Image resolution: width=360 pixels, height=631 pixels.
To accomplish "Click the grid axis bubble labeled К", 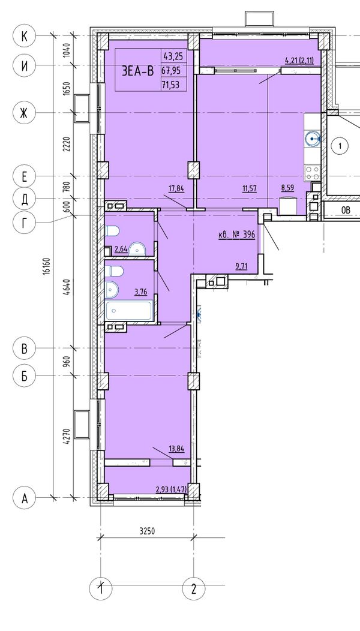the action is (x=24, y=36).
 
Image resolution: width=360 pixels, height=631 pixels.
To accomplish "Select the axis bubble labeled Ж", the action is (x=24, y=113).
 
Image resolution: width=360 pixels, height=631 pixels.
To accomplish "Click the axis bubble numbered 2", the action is (x=194, y=589).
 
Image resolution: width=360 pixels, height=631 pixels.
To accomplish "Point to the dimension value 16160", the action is (x=48, y=266).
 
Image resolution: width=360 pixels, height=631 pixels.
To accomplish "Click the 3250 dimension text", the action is (x=147, y=531).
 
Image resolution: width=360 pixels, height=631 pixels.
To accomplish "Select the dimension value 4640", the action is (x=67, y=287).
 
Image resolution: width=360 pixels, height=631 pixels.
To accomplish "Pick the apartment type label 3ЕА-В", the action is (x=138, y=71).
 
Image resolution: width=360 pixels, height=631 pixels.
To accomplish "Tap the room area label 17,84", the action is (x=176, y=188).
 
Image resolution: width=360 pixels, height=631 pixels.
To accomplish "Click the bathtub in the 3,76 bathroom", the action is (x=128, y=311).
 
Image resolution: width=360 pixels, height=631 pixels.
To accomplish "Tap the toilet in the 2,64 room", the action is (x=112, y=231).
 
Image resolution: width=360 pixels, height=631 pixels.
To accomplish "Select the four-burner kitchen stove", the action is (x=312, y=173).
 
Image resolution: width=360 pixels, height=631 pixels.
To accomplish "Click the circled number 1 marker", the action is (x=340, y=146).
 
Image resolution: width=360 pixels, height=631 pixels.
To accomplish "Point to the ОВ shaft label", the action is (x=346, y=210).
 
